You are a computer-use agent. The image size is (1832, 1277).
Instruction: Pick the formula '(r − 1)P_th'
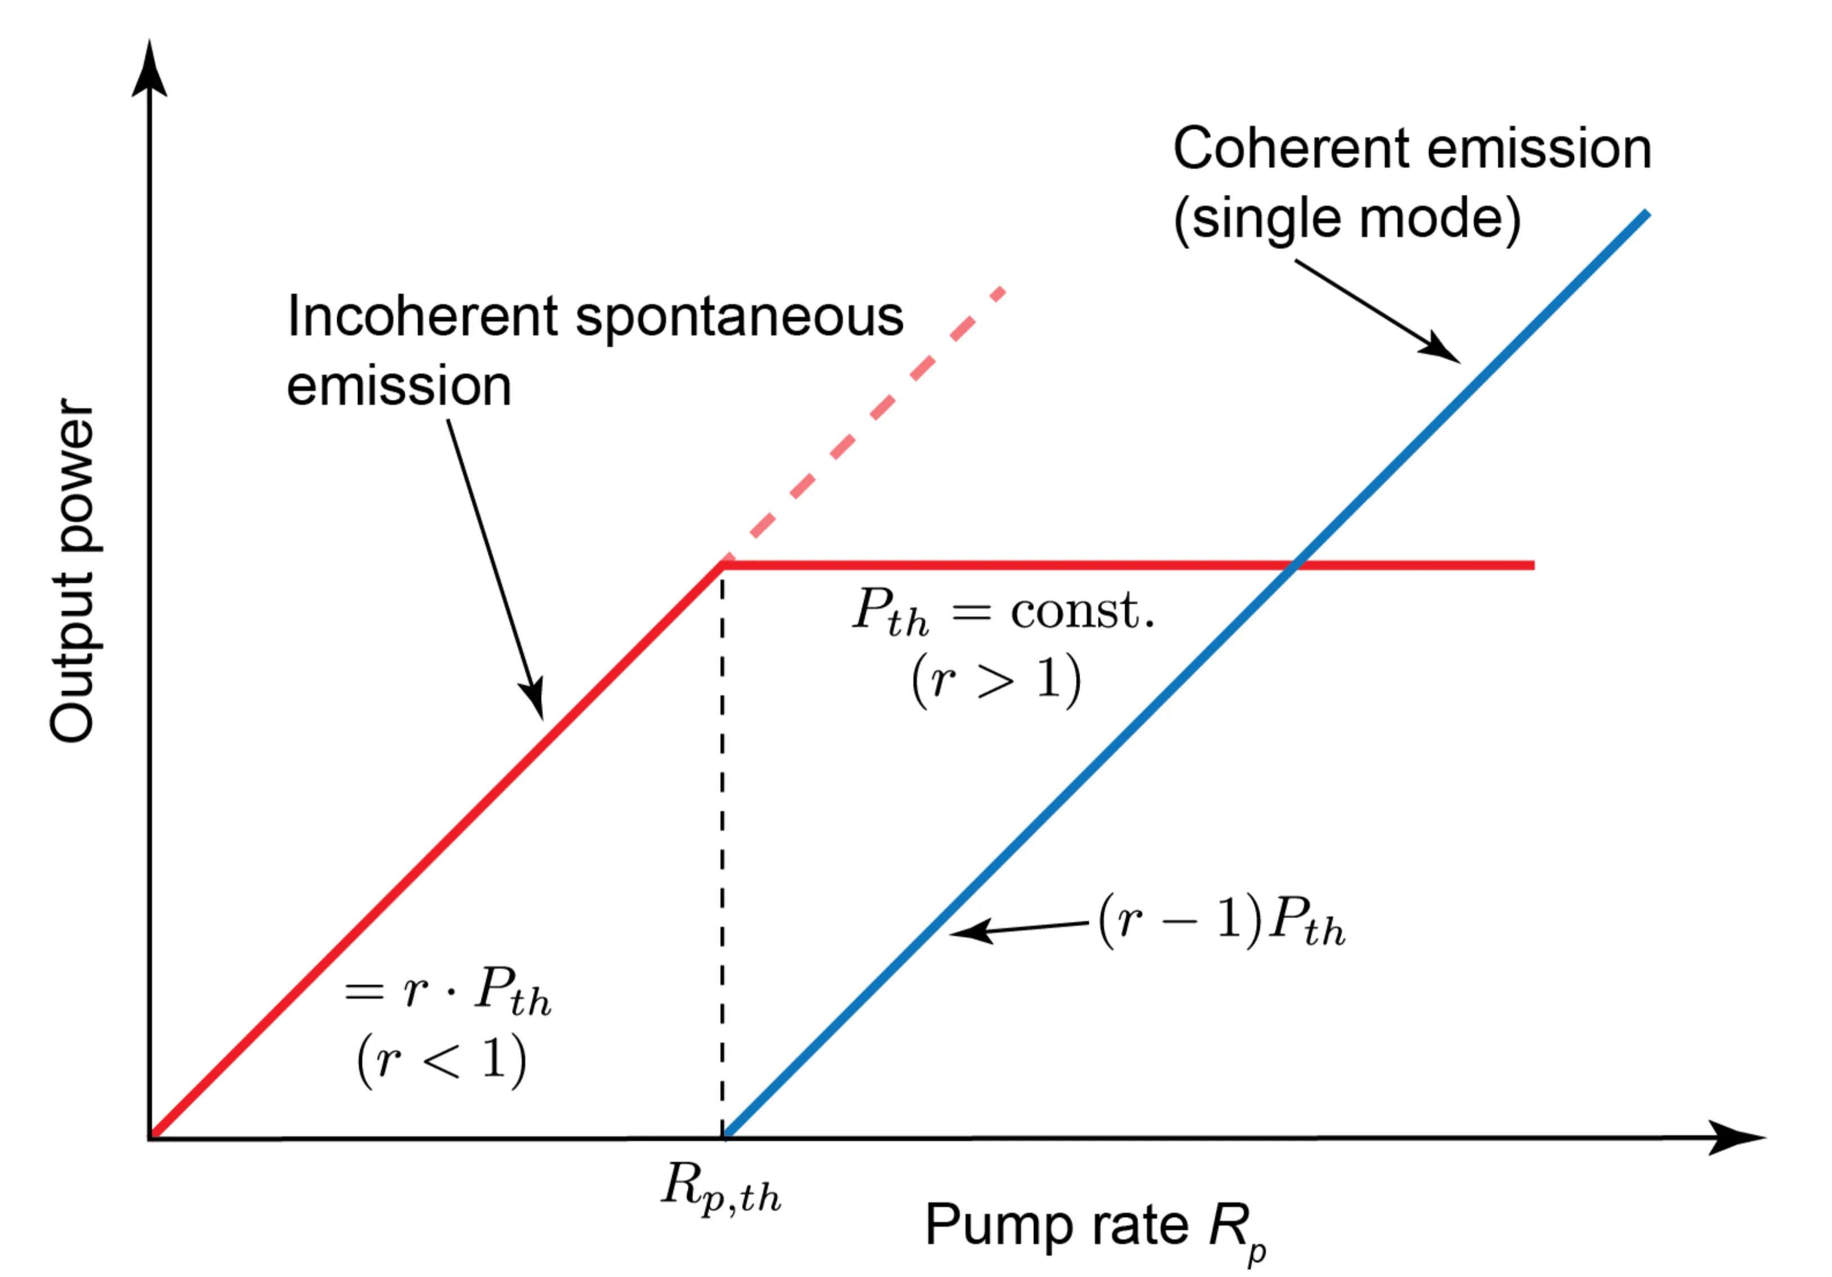(1221, 922)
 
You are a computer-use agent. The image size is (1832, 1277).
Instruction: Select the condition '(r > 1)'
(996, 680)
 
